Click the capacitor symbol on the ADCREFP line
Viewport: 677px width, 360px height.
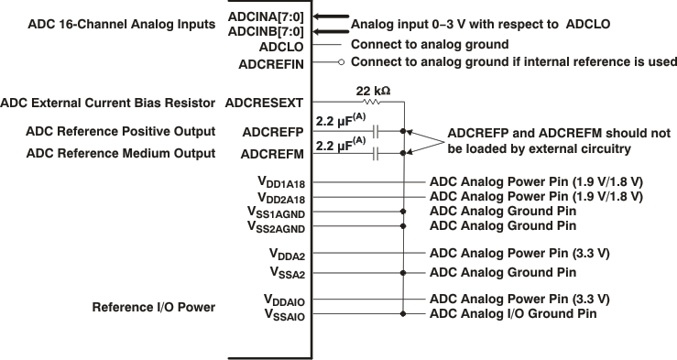tap(377, 131)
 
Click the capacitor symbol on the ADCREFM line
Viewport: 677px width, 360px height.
tap(377, 154)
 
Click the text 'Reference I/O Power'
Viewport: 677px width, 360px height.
tap(153, 307)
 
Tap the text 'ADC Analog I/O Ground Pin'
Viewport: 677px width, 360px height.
tap(514, 314)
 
